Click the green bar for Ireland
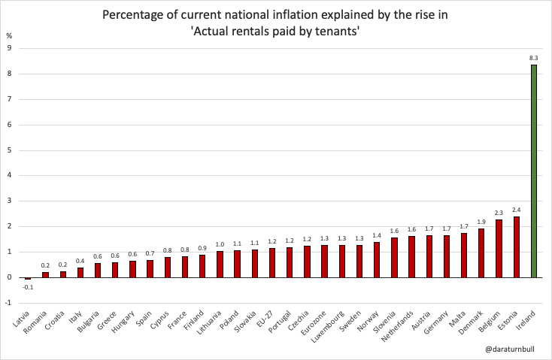pos(534,171)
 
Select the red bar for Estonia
pos(517,247)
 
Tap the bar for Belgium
pos(499,249)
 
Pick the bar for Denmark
pos(481,253)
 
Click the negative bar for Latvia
pos(28,279)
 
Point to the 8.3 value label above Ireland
pos(534,57)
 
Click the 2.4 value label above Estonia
pos(517,210)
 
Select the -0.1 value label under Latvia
pos(28,286)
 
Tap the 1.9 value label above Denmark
pos(481,222)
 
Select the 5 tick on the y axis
pos(9,150)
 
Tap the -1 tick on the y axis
pos(8,303)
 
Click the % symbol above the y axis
pos(9,35)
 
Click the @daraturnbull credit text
pos(511,349)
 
